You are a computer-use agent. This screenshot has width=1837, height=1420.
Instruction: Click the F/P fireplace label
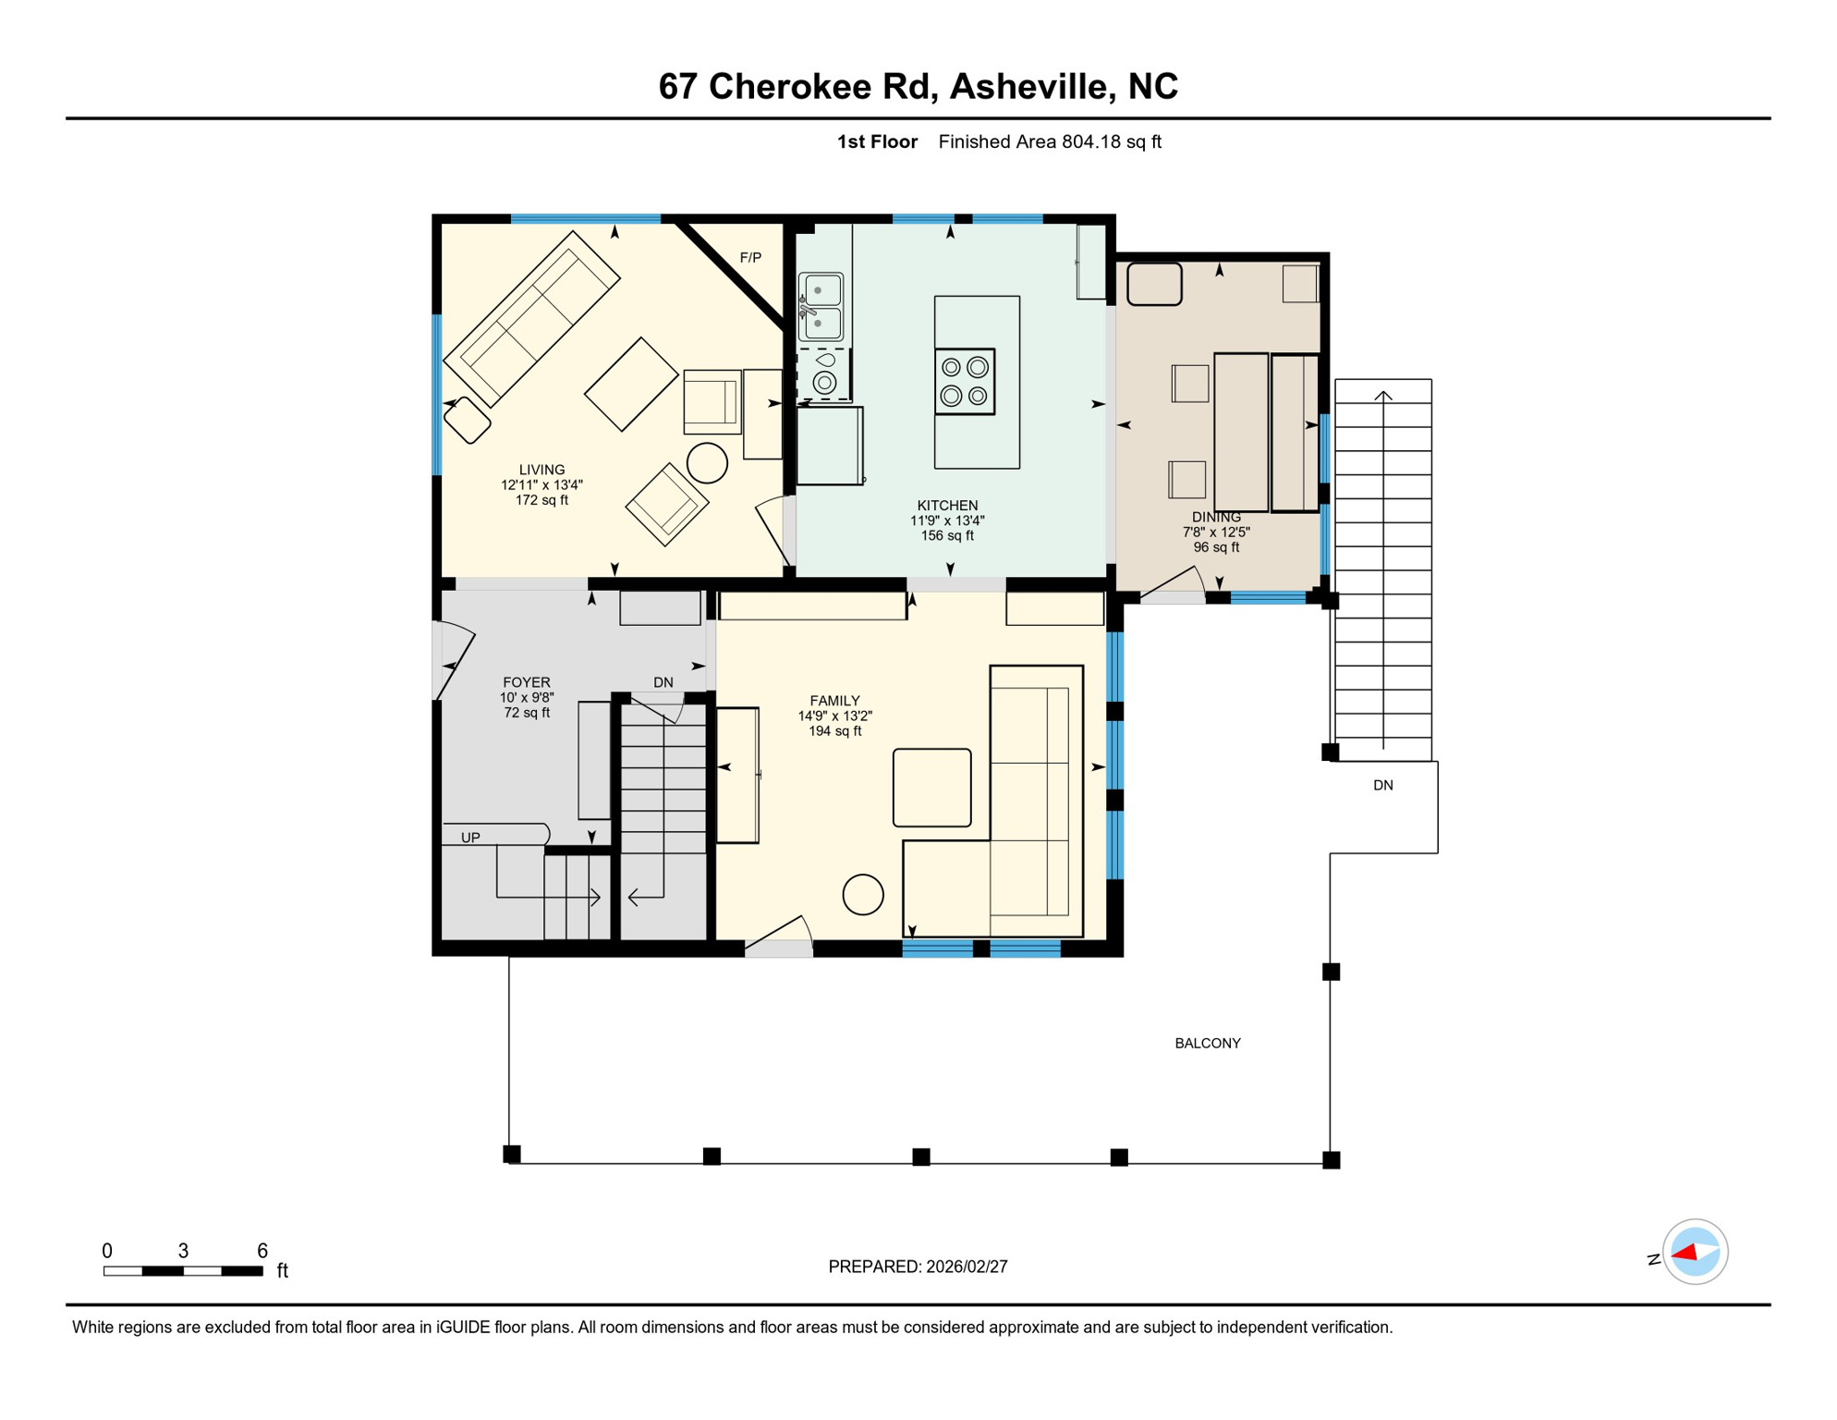click(x=750, y=258)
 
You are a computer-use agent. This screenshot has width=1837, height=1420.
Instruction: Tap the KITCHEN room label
click(x=947, y=506)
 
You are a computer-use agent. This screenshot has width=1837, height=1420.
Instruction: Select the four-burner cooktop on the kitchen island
click(x=964, y=382)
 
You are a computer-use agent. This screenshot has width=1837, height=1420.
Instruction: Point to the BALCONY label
click(x=1207, y=1044)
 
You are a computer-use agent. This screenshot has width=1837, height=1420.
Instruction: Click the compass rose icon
click(x=1694, y=1253)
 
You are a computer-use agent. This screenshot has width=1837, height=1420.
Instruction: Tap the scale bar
click(x=183, y=1272)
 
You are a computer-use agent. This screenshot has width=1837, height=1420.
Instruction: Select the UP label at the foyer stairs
click(x=470, y=839)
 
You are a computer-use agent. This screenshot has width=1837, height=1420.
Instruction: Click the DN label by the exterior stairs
click(x=1382, y=786)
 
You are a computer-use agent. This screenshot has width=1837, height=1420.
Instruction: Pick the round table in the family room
click(x=862, y=895)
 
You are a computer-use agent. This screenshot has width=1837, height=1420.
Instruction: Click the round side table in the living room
click(x=707, y=463)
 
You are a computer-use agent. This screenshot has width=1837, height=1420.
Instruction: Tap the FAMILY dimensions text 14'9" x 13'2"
click(x=834, y=716)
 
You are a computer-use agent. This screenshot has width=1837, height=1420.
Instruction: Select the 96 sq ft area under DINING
click(x=1215, y=547)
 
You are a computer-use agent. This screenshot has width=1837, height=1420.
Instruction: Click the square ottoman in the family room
click(x=931, y=788)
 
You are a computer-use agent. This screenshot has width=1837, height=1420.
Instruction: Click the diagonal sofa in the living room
click(x=531, y=319)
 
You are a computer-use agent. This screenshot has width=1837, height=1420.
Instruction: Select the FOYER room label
click(x=526, y=683)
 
